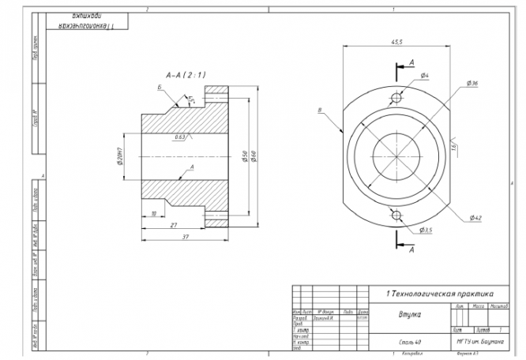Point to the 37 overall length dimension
coord(183,236)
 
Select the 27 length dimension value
coord(173,225)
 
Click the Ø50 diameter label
coord(245,156)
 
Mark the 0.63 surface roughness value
coord(181,137)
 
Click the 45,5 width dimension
coord(396,41)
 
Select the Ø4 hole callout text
coord(425,76)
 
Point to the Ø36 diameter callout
coord(473,83)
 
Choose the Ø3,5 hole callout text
coord(426,230)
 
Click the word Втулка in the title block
coord(409,313)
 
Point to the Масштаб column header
coord(498,305)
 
